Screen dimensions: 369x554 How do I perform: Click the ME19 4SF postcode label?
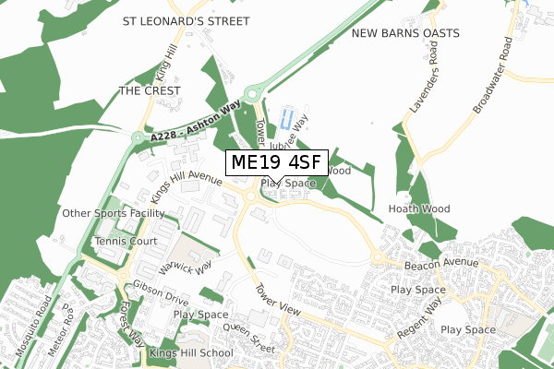(276, 163)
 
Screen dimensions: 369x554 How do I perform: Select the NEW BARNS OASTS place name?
(405, 33)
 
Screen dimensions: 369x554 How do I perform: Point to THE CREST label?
(149, 90)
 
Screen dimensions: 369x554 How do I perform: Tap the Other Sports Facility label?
(113, 214)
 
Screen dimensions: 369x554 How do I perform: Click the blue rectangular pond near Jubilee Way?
(287, 118)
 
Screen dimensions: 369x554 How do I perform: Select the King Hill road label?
(163, 64)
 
